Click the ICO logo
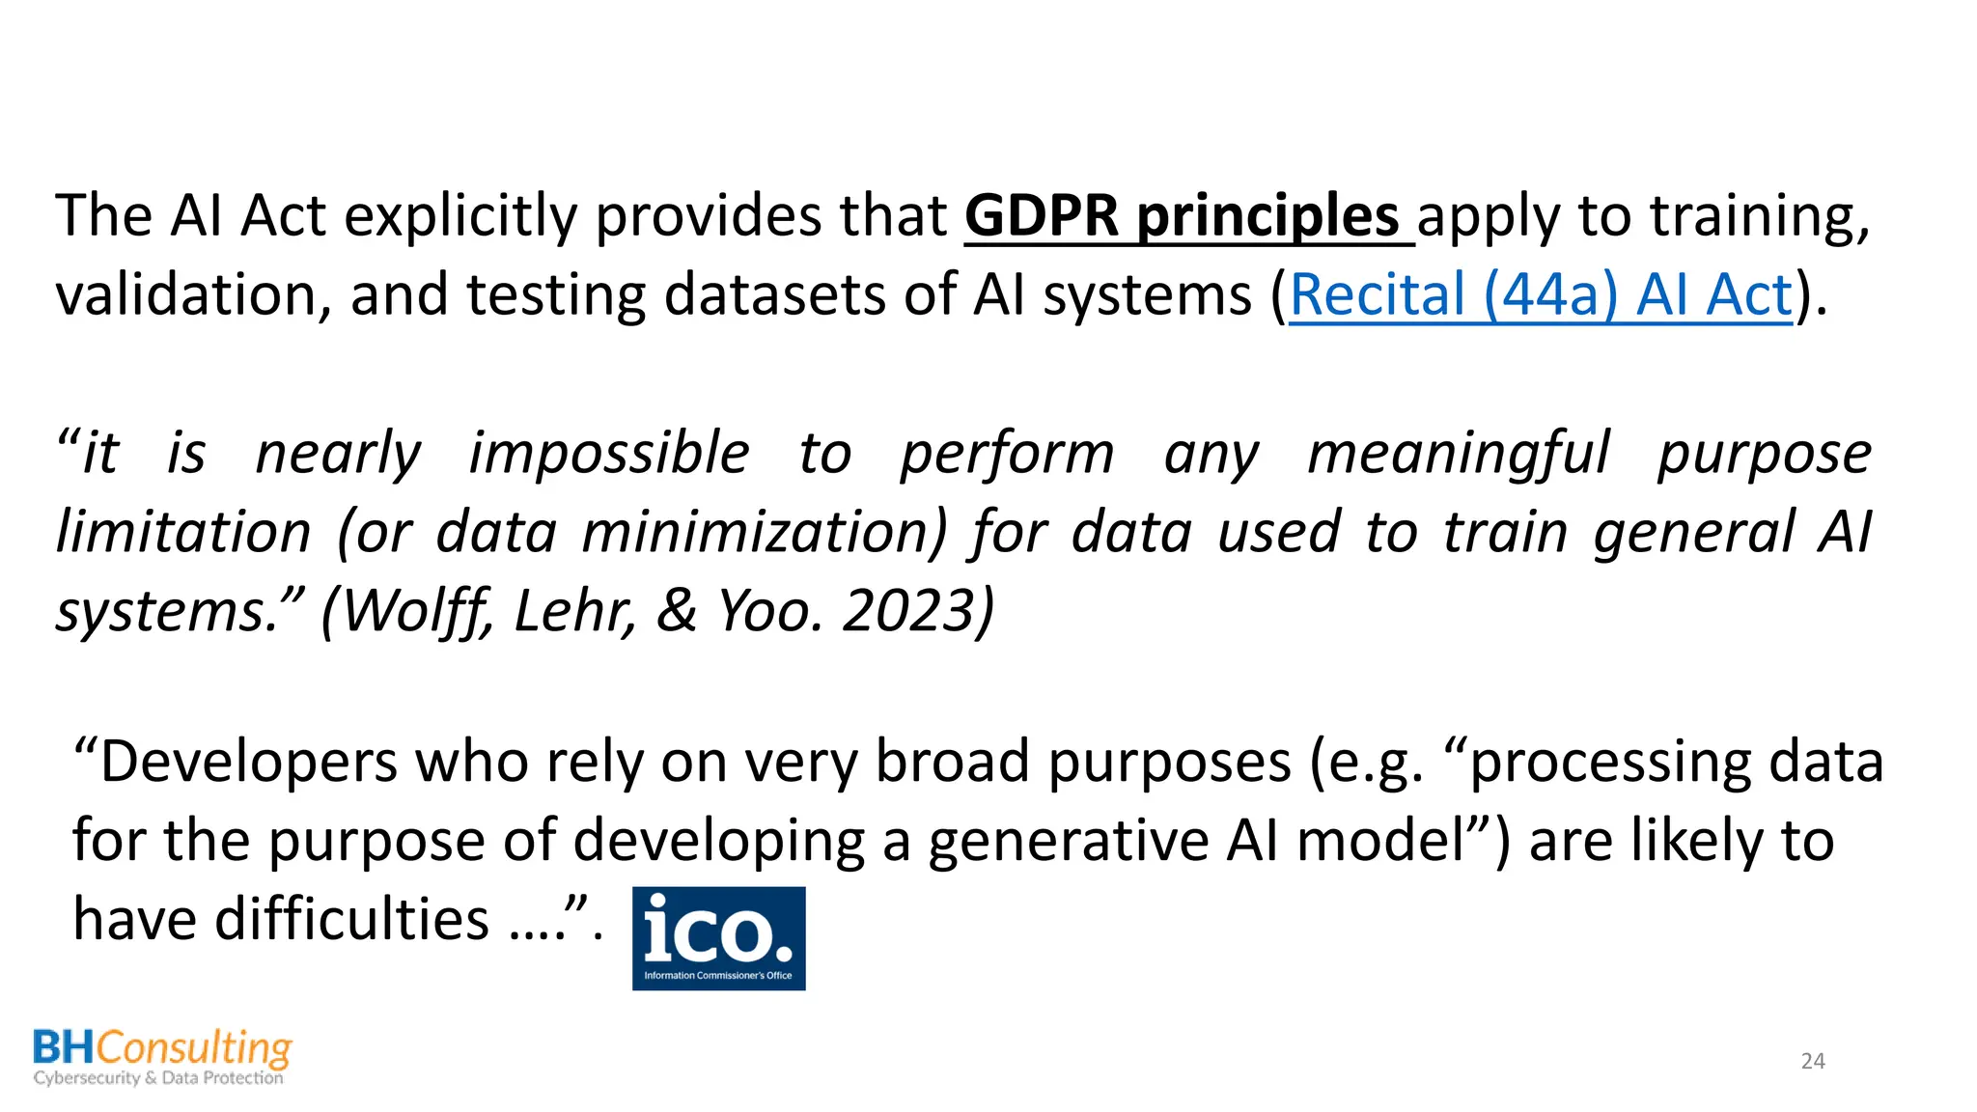(718, 937)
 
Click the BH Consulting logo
(161, 1057)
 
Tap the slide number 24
(1813, 1061)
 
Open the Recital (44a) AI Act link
(1541, 294)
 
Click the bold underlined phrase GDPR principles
(1182, 215)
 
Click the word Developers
(248, 762)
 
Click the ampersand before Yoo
(677, 611)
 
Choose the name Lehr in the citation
(573, 611)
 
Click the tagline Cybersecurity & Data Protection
(158, 1078)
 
